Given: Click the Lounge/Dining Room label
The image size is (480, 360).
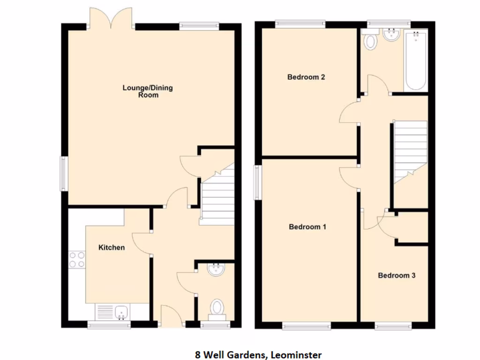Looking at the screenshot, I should [148, 91].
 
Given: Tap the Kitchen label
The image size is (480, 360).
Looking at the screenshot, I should [111, 247].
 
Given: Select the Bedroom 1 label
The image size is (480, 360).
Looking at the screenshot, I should [307, 227].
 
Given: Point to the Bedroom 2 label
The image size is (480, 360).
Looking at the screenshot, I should [306, 77].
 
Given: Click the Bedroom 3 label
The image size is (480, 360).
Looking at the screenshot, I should [397, 275].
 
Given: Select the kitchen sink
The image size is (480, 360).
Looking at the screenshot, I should [122, 311].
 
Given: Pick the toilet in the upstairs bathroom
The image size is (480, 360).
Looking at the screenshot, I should [371, 40].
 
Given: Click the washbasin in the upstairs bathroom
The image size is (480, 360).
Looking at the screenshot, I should [390, 34].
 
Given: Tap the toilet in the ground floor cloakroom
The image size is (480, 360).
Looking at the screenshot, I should [217, 308].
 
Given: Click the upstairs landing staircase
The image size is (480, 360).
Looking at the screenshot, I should [410, 150].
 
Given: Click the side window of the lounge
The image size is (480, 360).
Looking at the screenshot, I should [62, 174].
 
